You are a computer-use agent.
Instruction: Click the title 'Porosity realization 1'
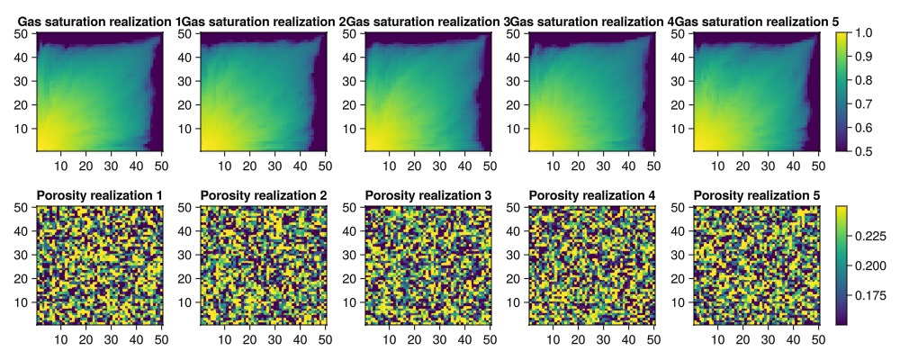99,195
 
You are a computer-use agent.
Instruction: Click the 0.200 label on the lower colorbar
872,265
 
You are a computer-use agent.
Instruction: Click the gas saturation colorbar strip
842,91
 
